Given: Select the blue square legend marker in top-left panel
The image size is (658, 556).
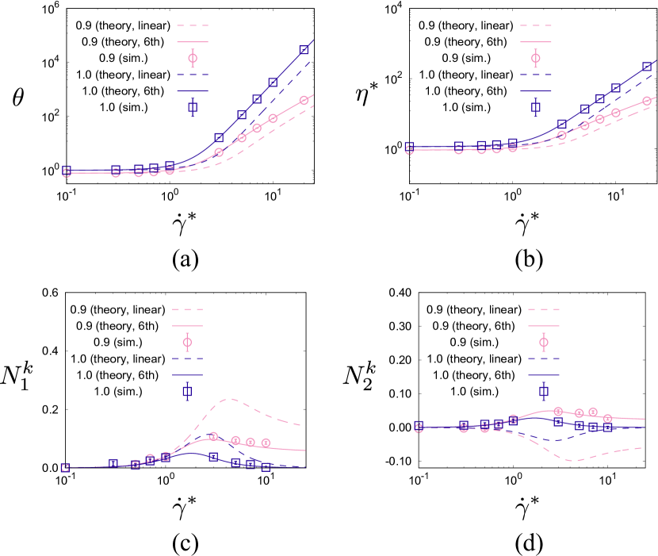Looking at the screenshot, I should (193, 107).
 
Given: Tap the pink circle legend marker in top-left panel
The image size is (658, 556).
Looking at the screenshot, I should (193, 58).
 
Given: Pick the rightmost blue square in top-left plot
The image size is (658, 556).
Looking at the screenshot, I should (304, 50).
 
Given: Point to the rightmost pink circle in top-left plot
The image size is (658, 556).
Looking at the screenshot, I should (304, 101).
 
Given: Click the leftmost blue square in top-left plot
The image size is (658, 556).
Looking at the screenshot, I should (67, 171).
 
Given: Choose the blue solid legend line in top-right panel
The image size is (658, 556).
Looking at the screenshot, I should (535, 91).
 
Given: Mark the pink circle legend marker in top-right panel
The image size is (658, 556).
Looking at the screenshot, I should (536, 58).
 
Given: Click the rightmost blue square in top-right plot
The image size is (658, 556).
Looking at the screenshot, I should (647, 67).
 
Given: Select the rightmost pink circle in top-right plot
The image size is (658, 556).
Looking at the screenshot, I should (647, 101).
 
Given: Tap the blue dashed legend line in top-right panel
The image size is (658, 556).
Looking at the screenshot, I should (535, 75).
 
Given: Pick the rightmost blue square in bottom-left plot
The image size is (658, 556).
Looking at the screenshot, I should (266, 467).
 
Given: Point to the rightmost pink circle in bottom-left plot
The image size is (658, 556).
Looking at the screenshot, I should (266, 443).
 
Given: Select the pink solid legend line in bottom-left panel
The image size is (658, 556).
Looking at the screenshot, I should (187, 326).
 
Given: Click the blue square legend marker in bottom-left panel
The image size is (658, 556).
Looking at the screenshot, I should (187, 391).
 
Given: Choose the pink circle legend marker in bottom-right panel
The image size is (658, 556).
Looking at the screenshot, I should (544, 342).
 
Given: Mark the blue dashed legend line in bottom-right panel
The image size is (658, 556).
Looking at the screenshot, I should (543, 359).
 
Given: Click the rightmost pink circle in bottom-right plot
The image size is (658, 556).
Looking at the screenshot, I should (607, 418).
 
